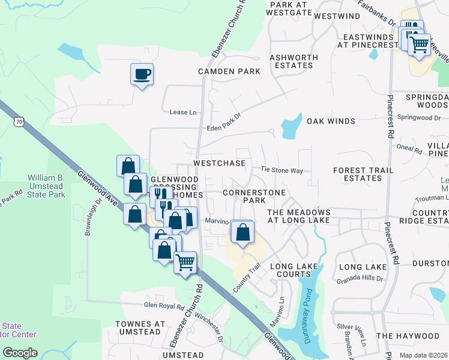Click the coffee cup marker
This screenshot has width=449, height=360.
click(x=142, y=75)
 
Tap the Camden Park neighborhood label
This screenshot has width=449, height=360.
click(x=229, y=71)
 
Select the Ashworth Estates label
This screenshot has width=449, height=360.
click(x=294, y=61)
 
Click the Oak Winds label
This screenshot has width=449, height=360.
click(x=331, y=121)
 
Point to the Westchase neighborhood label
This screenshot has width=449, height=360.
click(x=219, y=163)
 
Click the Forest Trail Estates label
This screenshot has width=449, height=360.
click(x=364, y=174)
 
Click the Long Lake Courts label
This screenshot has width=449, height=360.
click(x=294, y=270)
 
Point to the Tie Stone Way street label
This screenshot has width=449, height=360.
click(x=281, y=170)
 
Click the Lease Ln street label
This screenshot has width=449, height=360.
click(x=183, y=112)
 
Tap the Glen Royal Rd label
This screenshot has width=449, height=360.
click(x=163, y=306)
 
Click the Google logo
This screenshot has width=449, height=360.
click(x=20, y=352)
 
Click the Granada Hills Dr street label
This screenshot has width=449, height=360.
click(x=360, y=279)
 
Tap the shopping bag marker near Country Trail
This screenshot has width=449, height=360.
click(x=243, y=232)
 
